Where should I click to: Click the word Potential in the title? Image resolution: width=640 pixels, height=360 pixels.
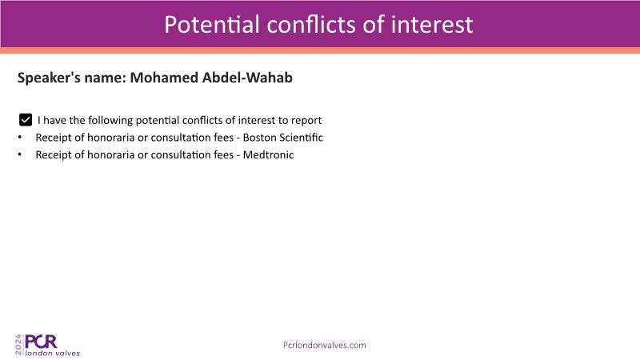(212, 25)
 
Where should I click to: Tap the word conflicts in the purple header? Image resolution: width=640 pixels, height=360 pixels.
(311, 25)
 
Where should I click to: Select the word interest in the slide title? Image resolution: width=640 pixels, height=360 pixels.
(432, 25)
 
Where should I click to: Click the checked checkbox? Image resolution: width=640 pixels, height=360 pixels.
(26, 120)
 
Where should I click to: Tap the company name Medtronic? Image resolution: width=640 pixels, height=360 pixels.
(268, 154)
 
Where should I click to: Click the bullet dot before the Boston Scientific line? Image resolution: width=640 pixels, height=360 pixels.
(20, 138)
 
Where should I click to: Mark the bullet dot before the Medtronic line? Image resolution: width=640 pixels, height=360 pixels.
(20, 154)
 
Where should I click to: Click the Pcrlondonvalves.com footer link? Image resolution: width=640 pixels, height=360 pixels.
(325, 346)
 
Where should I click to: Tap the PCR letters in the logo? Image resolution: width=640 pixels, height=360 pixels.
(41, 342)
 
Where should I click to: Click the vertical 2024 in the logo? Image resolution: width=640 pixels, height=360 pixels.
(18, 345)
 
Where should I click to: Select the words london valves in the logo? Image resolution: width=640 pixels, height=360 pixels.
(53, 353)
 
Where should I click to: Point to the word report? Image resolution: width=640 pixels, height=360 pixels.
(306, 121)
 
